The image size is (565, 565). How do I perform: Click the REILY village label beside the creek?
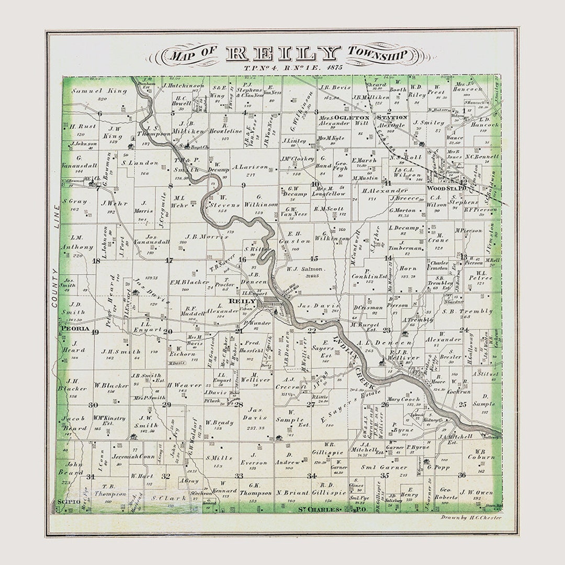(242, 301)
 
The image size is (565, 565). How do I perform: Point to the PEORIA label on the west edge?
(73, 329)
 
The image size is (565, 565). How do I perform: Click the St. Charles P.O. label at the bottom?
(319, 508)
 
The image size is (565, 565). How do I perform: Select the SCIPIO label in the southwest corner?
(69, 502)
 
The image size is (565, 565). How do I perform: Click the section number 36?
(461, 475)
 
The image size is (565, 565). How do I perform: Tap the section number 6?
(100, 113)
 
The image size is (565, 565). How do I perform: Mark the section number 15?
(314, 258)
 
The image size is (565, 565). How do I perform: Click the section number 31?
(91, 477)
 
